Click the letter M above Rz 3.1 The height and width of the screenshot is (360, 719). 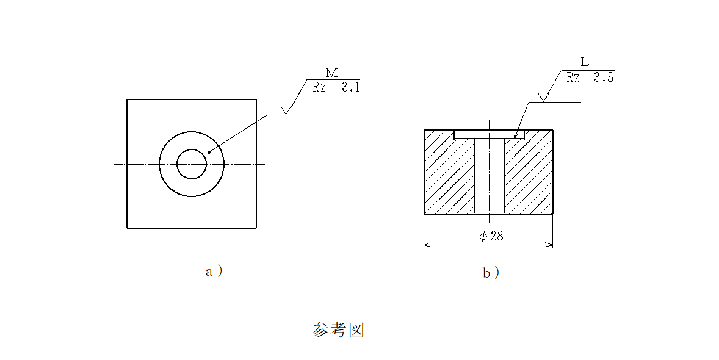click(x=331, y=73)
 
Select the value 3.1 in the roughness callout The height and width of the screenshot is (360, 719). click(x=350, y=87)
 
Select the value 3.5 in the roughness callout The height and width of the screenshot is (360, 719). click(x=604, y=77)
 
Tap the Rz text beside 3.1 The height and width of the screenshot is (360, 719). click(x=319, y=87)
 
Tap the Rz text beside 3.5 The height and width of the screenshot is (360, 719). click(x=573, y=77)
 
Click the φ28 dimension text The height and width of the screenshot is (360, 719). click(x=491, y=236)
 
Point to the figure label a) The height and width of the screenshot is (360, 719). click(x=214, y=272)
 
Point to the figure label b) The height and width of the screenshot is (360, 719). click(x=491, y=273)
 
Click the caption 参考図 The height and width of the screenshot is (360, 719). click(x=338, y=329)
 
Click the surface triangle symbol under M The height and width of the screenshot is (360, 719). click(x=286, y=110)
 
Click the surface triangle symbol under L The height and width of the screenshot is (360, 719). click(x=543, y=97)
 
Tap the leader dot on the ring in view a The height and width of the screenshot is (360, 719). click(x=209, y=152)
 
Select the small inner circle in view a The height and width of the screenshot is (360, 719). click(x=192, y=164)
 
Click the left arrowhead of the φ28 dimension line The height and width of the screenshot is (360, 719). click(x=427, y=245)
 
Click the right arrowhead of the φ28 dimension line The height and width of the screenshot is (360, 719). click(x=549, y=245)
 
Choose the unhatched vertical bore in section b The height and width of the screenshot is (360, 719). click(x=490, y=176)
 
